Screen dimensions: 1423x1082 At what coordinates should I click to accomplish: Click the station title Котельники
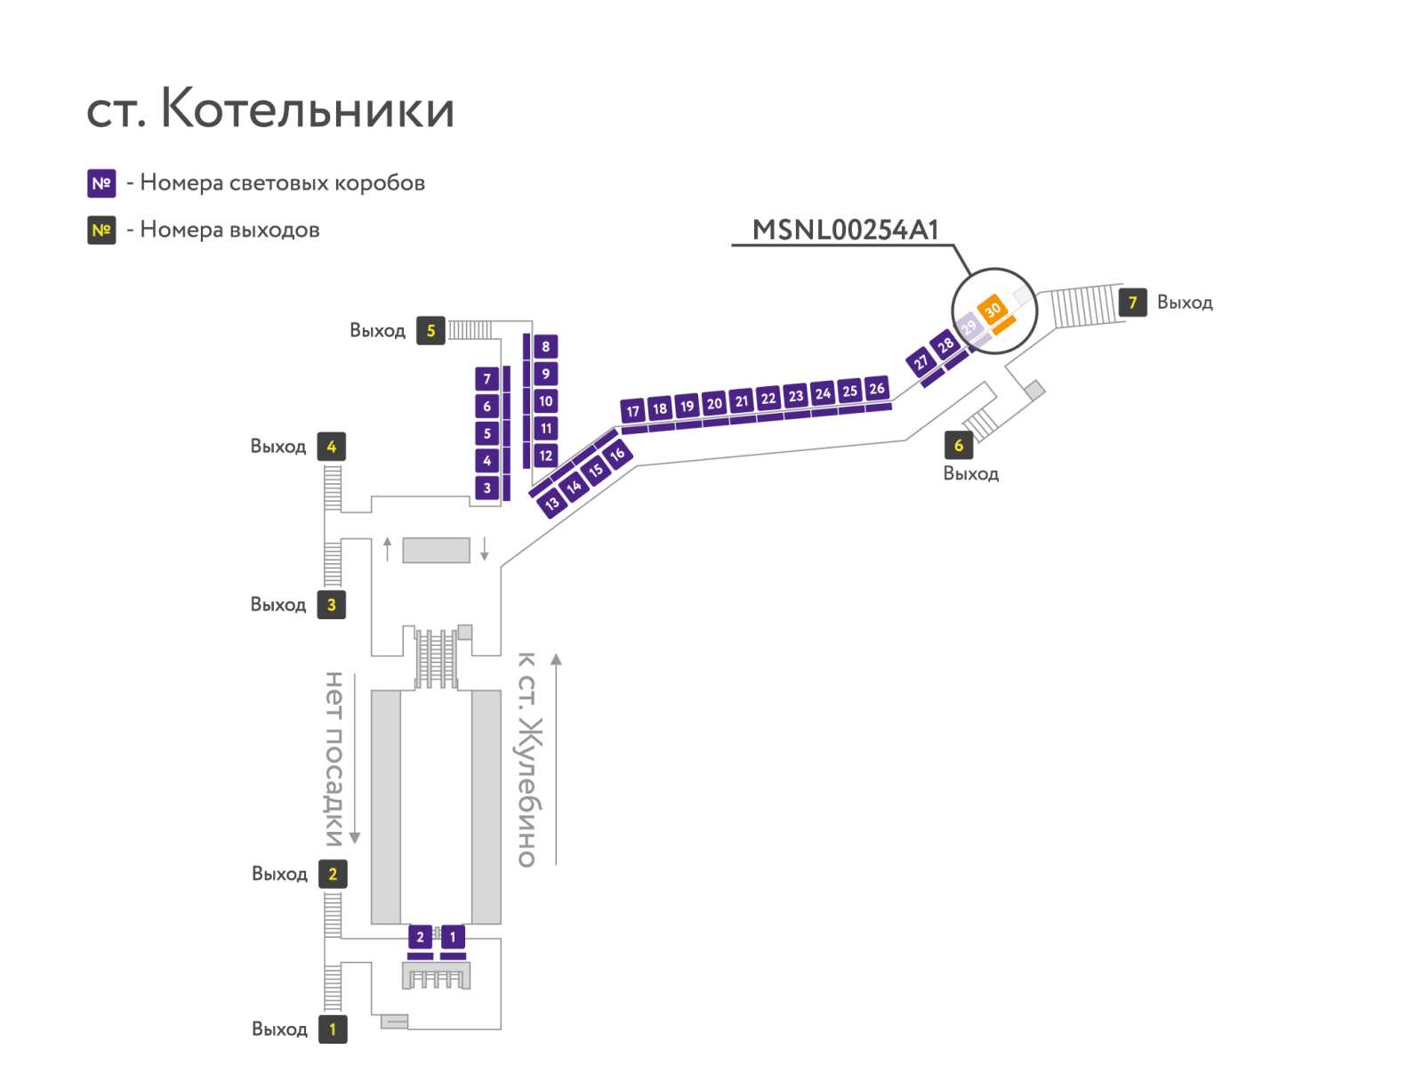306,108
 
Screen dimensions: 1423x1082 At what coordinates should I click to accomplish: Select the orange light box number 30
992,310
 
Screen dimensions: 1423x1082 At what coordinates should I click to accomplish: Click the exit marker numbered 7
1132,303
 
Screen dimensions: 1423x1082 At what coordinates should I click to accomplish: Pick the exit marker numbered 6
958,445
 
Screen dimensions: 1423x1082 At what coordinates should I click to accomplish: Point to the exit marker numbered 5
430,331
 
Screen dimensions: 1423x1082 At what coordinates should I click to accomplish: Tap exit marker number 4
331,447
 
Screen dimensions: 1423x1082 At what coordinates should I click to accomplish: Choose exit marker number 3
331,605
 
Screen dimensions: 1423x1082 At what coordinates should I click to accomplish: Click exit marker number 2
333,874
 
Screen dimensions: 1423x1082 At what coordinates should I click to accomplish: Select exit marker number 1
333,1029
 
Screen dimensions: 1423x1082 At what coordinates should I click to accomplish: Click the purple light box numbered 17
632,410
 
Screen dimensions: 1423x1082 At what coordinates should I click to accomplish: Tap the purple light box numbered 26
877,388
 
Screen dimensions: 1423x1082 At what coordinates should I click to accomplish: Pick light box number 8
546,347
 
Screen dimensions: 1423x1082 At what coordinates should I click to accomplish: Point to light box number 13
551,504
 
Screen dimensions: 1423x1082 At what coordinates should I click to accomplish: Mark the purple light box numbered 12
546,456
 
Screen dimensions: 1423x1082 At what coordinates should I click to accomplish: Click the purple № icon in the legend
101,183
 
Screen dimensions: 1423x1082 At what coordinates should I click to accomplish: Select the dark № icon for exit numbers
101,230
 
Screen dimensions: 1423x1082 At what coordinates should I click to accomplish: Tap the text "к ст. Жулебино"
528,759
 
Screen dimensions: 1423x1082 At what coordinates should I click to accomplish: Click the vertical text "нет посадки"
334,759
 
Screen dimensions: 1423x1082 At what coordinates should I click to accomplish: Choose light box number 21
741,401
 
